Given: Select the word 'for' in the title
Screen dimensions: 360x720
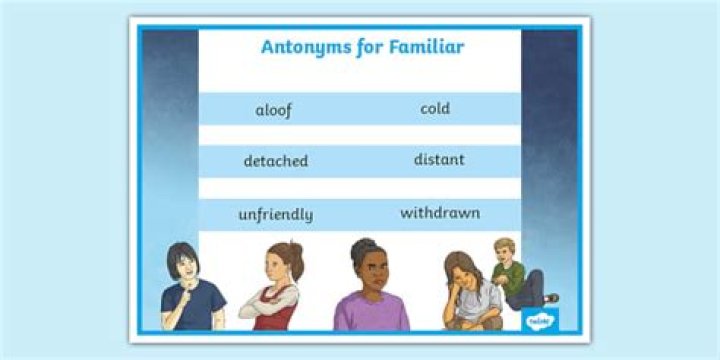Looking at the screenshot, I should click(365, 47).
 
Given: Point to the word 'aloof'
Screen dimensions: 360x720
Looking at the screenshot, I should click(273, 110).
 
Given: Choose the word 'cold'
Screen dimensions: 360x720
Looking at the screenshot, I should click(435, 108).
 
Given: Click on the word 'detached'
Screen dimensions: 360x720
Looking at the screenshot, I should click(275, 161).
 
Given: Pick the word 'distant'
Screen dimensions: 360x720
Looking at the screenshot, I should click(439, 160).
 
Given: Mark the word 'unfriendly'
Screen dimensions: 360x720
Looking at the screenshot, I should click(275, 214).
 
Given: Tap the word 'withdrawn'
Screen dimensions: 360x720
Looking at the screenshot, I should click(440, 213).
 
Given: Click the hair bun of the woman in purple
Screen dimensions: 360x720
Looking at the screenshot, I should click(360, 244).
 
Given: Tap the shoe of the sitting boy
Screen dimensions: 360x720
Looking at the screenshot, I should click(551, 297).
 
